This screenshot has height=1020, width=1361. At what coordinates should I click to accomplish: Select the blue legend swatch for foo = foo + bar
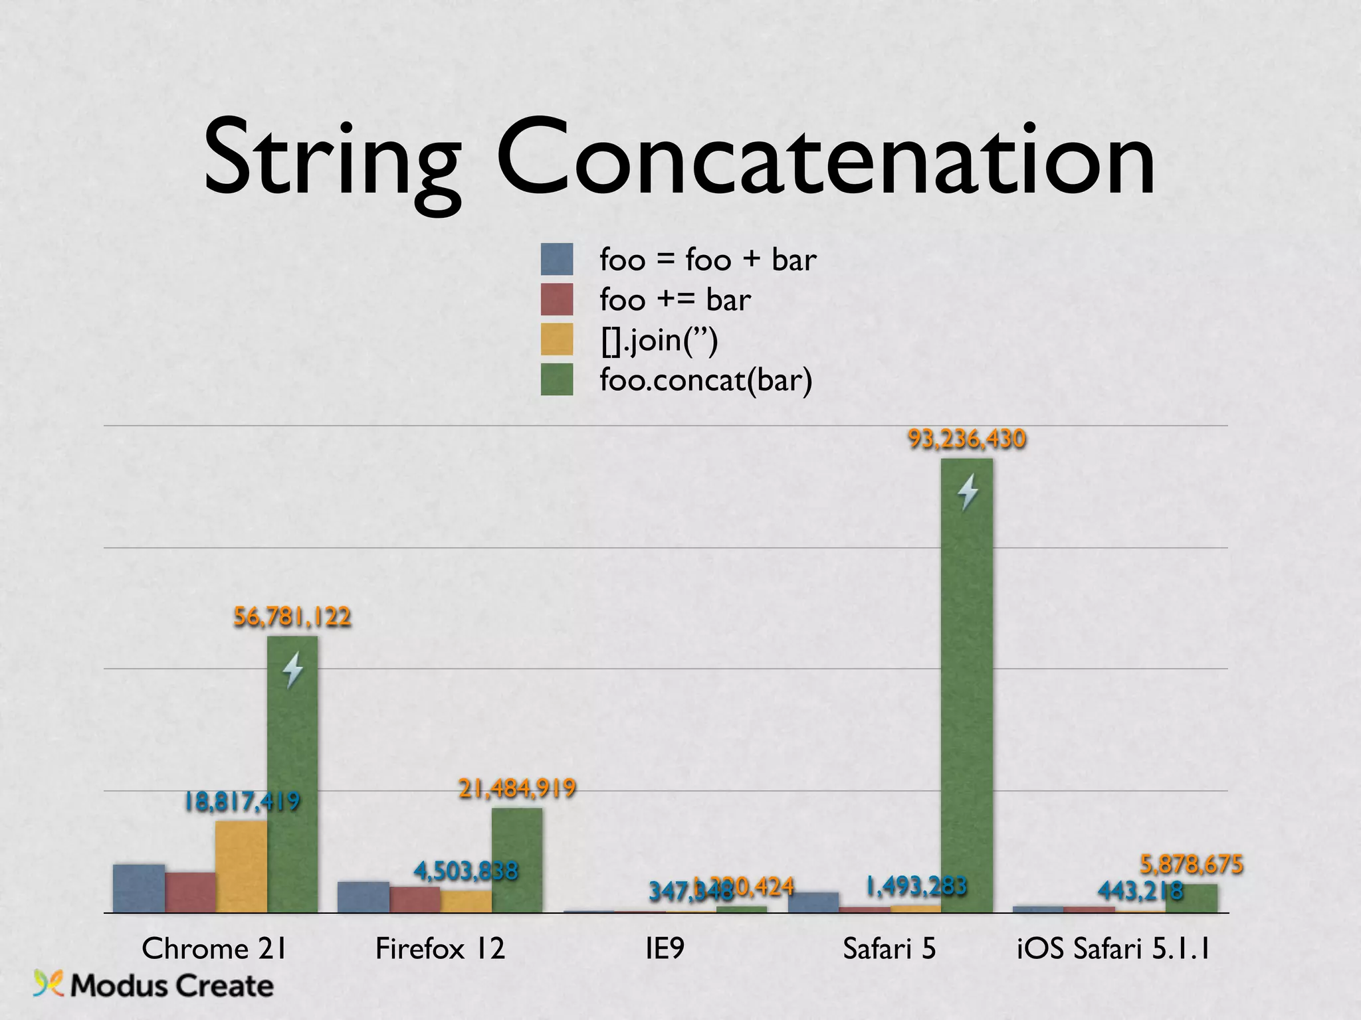point(557,259)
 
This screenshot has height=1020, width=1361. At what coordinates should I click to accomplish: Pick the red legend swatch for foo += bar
point(557,299)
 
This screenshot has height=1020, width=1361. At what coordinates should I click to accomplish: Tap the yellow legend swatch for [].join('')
point(557,339)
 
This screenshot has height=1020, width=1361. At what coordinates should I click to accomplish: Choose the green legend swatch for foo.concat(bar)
point(557,379)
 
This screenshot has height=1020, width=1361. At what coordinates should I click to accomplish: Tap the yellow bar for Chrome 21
point(241,867)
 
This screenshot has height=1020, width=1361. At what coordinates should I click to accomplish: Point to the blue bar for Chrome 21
point(139,889)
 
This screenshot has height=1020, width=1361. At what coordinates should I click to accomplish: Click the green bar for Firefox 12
point(517,860)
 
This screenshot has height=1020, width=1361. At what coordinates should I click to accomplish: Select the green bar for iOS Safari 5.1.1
point(1192,898)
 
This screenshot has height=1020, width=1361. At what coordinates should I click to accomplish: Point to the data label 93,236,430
point(967,439)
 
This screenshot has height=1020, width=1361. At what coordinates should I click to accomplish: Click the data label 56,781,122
point(292,617)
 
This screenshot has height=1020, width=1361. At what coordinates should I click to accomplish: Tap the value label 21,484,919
point(517,788)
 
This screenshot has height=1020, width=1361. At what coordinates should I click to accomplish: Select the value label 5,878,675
point(1192,865)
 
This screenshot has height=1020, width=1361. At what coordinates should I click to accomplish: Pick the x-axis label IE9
point(665,948)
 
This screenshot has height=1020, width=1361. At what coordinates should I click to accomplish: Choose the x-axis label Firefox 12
point(440,948)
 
